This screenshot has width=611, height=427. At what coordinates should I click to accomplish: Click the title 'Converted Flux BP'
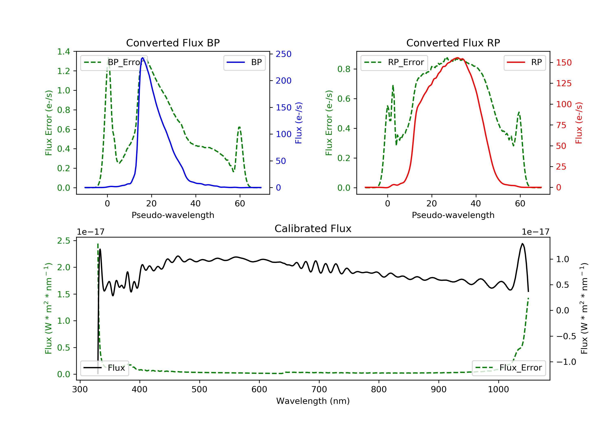173,43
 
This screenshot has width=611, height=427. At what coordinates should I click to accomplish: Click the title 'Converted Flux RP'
453,43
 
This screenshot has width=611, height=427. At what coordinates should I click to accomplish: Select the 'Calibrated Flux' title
313,229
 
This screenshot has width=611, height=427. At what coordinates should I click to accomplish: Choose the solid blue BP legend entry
244,62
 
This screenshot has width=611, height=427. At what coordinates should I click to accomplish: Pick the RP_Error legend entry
394,62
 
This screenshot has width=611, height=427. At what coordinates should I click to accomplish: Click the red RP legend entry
524,62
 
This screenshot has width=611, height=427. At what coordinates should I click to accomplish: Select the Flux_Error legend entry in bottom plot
509,368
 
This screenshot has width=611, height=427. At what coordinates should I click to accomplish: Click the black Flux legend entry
104,368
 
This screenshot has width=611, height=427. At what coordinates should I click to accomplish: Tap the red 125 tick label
564,83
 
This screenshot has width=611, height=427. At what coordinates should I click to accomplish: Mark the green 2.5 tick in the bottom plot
64,241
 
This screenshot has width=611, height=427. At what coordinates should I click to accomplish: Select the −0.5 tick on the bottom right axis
566,336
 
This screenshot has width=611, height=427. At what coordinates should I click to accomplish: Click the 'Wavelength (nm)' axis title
313,401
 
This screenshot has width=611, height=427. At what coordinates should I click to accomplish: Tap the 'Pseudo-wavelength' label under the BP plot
173,215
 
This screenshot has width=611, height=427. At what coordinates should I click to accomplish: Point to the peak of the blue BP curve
143,58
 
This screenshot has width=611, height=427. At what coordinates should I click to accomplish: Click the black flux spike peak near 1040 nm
522,244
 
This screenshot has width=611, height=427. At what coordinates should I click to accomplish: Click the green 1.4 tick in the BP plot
64,52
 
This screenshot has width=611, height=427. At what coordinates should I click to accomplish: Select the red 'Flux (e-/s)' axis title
579,123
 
